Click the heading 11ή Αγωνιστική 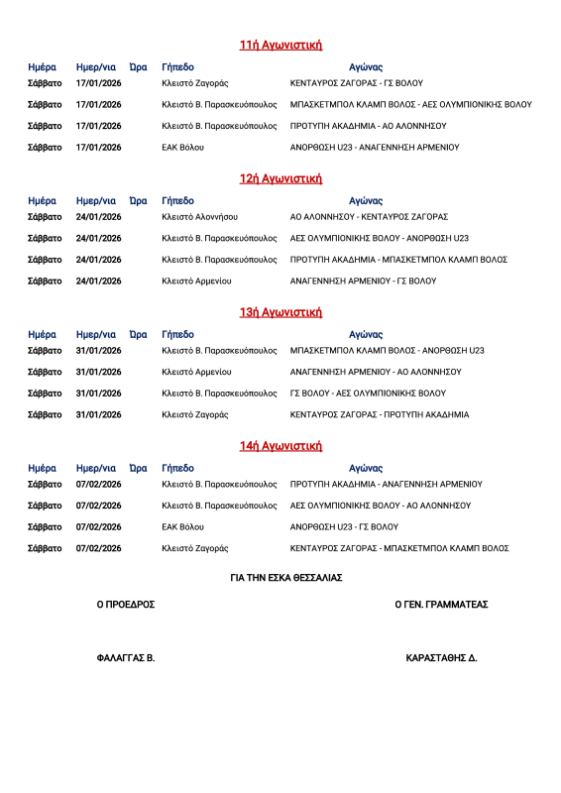(x=280, y=45)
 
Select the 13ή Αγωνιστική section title (x=280, y=312)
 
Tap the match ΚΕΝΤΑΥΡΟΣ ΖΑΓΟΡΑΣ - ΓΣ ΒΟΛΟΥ (x=357, y=83)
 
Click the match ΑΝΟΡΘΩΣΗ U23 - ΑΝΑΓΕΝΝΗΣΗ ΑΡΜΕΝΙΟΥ (x=375, y=147)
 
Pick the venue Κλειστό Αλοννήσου (x=199, y=217)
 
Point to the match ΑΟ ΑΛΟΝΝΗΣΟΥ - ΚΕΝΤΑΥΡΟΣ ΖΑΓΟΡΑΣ (x=369, y=217)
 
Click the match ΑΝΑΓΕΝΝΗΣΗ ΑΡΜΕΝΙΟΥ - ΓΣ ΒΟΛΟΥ (x=363, y=281)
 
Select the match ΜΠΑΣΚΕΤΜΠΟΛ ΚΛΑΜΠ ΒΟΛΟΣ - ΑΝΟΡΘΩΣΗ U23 (x=387, y=351)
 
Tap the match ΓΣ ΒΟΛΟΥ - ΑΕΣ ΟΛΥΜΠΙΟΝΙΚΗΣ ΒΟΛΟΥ (x=368, y=393)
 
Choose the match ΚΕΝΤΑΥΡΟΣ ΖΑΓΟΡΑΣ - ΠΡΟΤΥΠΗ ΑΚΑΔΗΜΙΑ (x=380, y=414)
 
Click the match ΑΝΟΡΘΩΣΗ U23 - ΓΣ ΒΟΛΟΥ (x=344, y=527)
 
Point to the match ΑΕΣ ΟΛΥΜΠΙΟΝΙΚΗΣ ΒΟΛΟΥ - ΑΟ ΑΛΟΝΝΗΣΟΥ (x=381, y=506)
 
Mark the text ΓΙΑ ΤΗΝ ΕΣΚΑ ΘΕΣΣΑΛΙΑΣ (x=286, y=578)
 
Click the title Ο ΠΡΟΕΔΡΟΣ (x=126, y=605)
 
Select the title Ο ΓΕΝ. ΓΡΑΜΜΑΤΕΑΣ (x=441, y=605)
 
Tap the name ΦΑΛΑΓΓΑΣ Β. (x=126, y=658)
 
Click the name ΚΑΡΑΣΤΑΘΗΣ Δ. (x=441, y=658)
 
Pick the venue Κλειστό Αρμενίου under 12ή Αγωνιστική (x=196, y=281)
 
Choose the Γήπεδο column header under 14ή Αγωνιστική (x=177, y=468)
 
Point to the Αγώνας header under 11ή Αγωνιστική (x=366, y=67)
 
